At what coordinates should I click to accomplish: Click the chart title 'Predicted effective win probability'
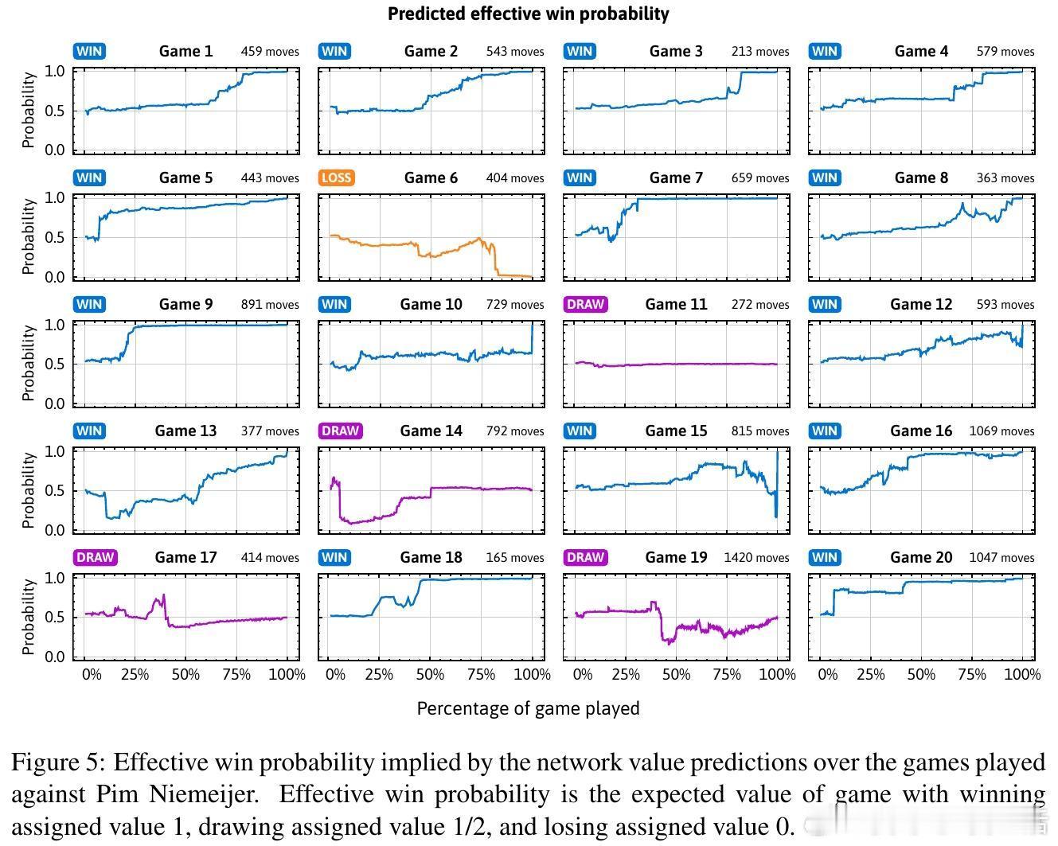click(x=528, y=14)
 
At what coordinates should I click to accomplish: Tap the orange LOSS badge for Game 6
click(x=336, y=177)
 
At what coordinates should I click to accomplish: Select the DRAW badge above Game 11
click(x=585, y=304)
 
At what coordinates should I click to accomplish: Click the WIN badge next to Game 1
click(x=89, y=51)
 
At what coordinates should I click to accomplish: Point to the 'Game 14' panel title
click(x=431, y=431)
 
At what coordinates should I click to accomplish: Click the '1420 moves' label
click(x=756, y=558)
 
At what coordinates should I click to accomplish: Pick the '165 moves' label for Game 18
click(x=515, y=558)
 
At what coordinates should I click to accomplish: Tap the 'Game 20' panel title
click(x=921, y=557)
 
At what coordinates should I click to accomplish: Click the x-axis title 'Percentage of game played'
click(x=528, y=708)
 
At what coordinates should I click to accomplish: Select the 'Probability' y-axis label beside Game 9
click(x=29, y=363)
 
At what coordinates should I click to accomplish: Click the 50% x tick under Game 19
click(x=676, y=675)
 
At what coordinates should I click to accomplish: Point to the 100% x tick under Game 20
click(x=1022, y=675)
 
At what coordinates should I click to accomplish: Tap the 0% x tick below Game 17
click(x=92, y=675)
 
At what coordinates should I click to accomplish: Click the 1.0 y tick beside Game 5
click(x=54, y=198)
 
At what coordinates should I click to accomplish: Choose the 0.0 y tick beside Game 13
click(x=54, y=530)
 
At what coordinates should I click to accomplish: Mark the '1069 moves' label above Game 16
click(x=1001, y=431)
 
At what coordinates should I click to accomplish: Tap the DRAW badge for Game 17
click(x=96, y=557)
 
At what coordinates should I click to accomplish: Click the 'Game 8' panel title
click(x=921, y=177)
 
